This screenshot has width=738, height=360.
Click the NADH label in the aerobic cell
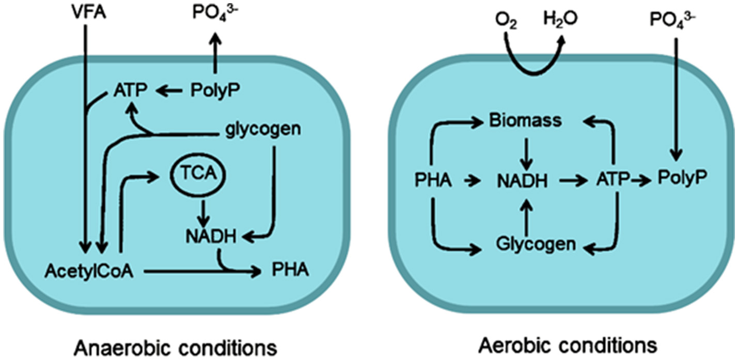click(523, 181)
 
